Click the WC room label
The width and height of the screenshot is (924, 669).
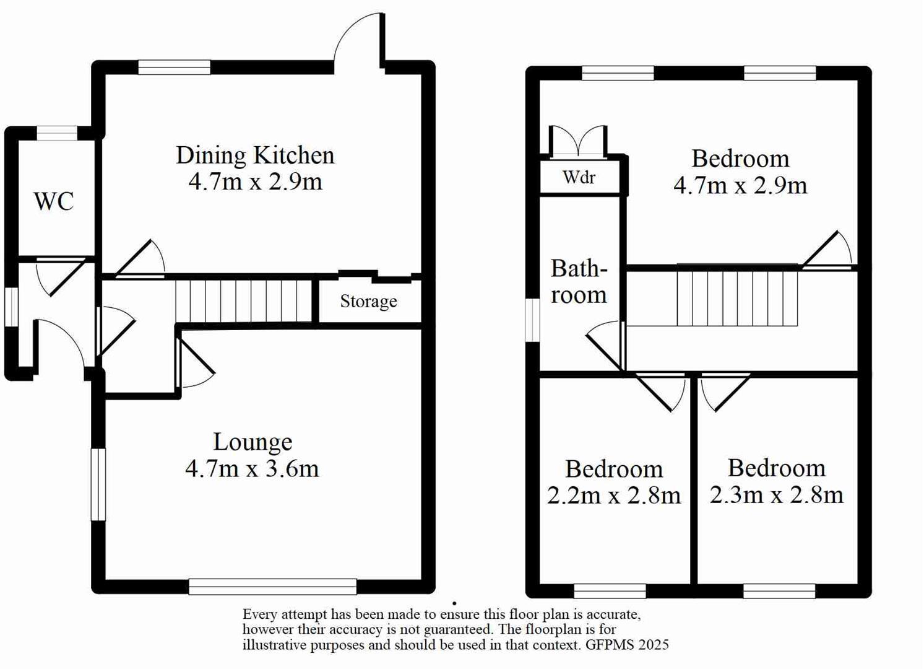point(54,201)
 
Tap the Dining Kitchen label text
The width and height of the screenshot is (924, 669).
point(255,155)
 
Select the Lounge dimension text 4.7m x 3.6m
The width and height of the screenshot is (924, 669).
point(252,468)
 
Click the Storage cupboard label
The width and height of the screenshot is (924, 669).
point(368,301)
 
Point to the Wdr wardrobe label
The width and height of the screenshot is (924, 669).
point(579,178)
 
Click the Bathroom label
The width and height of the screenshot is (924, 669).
point(579,282)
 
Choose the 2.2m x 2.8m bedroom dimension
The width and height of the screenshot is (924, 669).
point(613,496)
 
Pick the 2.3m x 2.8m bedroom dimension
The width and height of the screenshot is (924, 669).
point(776,495)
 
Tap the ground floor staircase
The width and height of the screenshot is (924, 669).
point(244,301)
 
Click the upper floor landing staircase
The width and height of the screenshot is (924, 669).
point(736,296)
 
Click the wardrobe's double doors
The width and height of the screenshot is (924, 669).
point(578,141)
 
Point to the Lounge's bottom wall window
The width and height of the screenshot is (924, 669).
point(272,586)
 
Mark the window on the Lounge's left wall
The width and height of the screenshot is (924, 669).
point(98,484)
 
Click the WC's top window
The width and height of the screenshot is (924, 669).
point(56,133)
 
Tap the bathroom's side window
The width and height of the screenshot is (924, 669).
point(532,320)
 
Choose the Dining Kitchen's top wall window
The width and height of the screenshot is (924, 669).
point(174,67)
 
